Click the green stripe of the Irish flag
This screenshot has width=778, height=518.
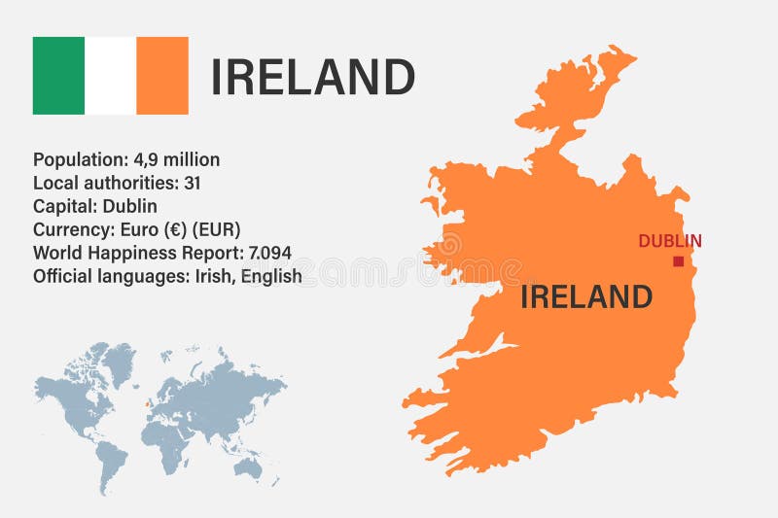(58, 76)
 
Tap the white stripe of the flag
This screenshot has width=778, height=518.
(110, 76)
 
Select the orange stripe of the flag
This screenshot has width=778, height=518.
(162, 76)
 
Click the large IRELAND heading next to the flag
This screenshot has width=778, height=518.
(313, 78)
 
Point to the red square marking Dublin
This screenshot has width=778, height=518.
(678, 261)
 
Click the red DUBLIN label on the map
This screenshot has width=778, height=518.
(670, 241)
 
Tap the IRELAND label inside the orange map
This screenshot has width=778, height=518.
(585, 296)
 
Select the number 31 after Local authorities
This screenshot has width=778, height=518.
(192, 183)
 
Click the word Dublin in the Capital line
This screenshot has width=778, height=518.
(128, 206)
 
